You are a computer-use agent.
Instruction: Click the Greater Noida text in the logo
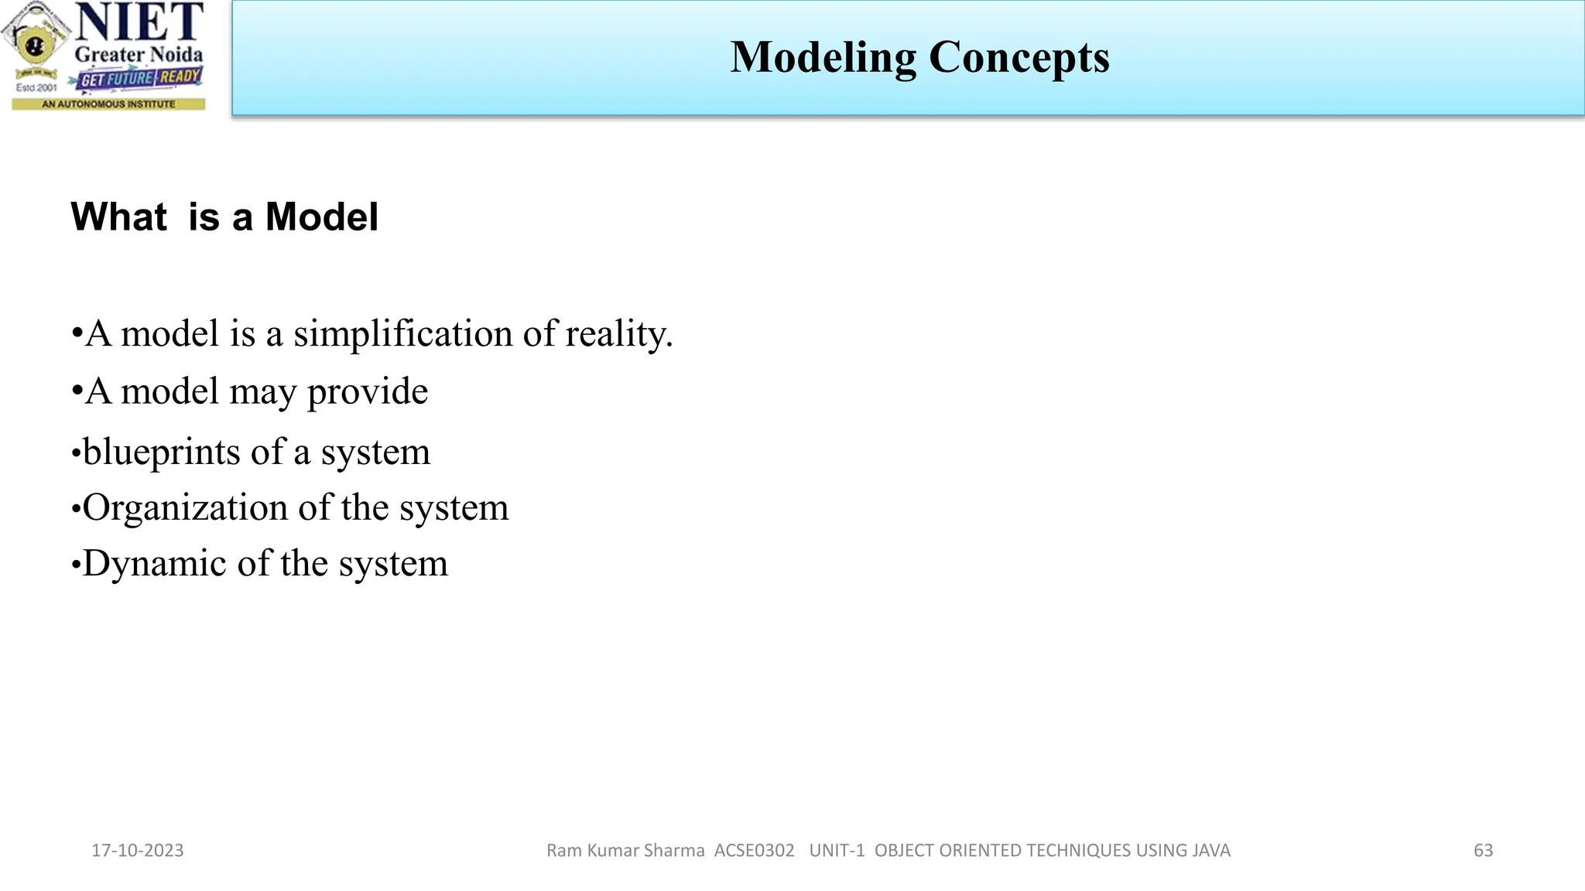(139, 55)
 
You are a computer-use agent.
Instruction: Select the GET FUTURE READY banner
(140, 78)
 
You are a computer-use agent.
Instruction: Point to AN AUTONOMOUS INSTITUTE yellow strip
(108, 104)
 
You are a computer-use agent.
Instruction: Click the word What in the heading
(118, 217)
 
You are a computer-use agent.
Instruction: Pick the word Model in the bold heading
(321, 217)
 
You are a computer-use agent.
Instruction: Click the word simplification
(402, 334)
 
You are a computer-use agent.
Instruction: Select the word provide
(367, 392)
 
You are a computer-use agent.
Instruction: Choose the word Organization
(185, 508)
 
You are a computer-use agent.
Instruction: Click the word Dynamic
(155, 564)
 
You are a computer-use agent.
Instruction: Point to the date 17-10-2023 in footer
(138, 851)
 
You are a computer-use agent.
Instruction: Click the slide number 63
(1483, 851)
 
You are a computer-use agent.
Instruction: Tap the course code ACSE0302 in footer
(754, 851)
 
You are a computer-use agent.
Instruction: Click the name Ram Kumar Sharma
(625, 851)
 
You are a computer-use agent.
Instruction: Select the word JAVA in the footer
(1211, 851)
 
